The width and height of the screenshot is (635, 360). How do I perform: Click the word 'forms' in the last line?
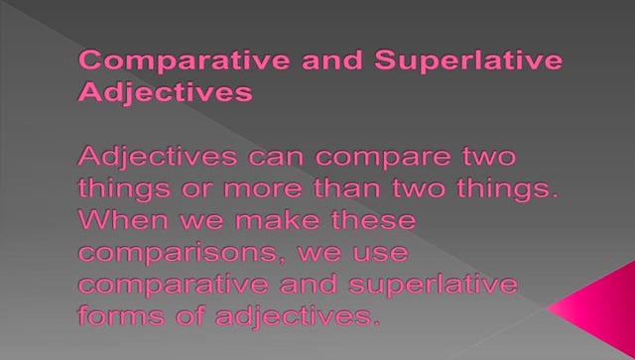120,316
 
